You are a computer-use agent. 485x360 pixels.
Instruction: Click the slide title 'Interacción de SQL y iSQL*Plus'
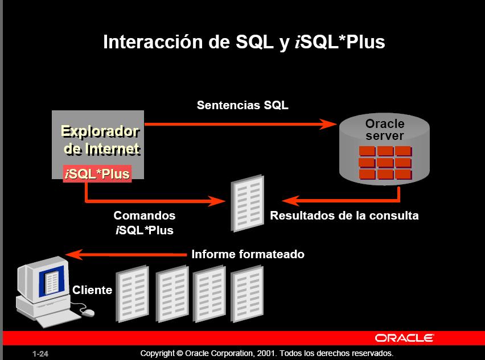(x=244, y=42)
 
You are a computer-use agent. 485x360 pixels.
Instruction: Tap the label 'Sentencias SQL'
(x=242, y=105)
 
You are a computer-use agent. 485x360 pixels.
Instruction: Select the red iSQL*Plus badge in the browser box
(x=97, y=173)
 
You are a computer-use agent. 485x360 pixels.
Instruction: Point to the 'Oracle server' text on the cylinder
(x=385, y=130)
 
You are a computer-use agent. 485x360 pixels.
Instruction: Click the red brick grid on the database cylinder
(x=385, y=163)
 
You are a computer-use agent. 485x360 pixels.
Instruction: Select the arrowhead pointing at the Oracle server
(x=328, y=124)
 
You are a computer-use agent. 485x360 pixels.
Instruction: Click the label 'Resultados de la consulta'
(x=344, y=216)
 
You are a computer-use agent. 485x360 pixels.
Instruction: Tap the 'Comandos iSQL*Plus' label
(x=144, y=223)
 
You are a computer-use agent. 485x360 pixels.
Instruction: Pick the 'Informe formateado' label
(x=248, y=254)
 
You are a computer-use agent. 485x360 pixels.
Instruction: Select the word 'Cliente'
(x=92, y=290)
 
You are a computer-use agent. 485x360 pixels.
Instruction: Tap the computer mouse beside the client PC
(x=87, y=312)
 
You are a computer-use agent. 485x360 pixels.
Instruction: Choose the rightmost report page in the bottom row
(x=246, y=292)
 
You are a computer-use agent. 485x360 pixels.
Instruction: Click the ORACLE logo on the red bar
(x=404, y=338)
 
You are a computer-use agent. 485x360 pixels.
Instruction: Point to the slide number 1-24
(x=40, y=354)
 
